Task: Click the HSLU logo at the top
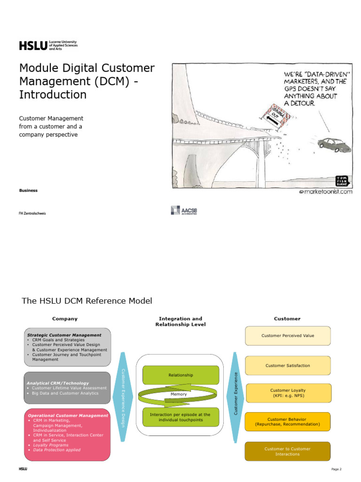pos(47,45)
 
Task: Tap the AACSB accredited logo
pos(184,210)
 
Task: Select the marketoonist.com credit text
pos(325,192)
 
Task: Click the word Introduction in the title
pos(53,95)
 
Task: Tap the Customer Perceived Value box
pos(287,336)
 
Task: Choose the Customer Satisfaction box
pos(287,365)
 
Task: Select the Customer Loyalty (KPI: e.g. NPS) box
pos(287,393)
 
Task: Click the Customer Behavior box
pos(287,422)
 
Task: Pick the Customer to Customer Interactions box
pos(287,451)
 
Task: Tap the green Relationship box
pos(180,375)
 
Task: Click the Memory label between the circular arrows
pos(179,394)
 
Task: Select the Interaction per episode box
pos(180,417)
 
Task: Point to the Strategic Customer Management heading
pos(64,335)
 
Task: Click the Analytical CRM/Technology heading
pos(57,383)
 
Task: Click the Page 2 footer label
pos(336,469)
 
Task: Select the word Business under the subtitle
pos(28,191)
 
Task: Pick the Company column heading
pos(65,319)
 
